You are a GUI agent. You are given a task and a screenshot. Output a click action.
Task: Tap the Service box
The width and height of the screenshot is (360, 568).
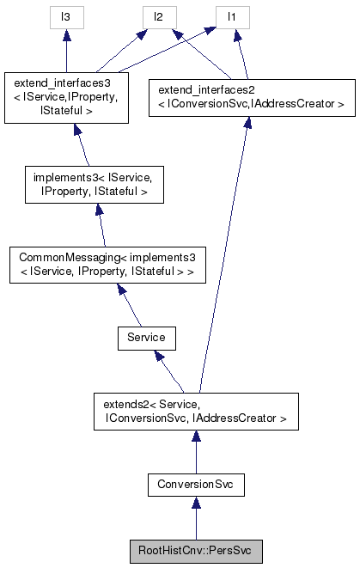146,338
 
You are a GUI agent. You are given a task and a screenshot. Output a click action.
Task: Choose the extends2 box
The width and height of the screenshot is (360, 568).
196,412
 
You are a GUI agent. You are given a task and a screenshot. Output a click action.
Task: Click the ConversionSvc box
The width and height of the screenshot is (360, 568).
196,486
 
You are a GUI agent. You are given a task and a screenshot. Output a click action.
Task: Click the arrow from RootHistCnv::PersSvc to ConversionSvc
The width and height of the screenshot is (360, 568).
196,518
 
